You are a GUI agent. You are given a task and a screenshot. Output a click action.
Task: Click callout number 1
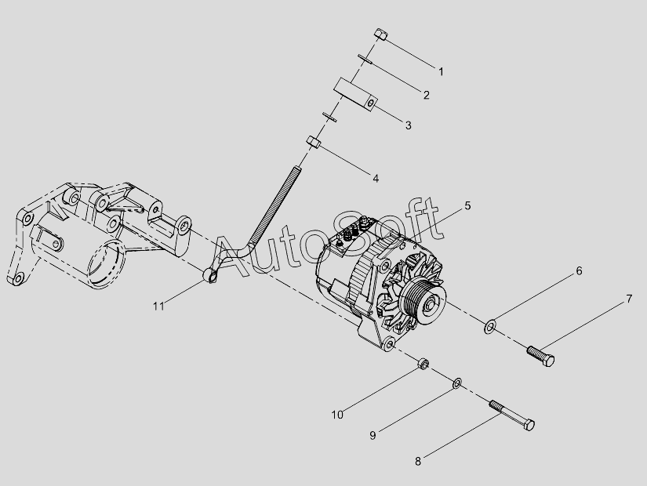(x=441, y=72)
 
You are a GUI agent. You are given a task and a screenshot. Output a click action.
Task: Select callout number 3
(x=408, y=125)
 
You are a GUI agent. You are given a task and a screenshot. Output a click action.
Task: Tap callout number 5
(x=467, y=205)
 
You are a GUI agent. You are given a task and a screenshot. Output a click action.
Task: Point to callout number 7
(x=629, y=299)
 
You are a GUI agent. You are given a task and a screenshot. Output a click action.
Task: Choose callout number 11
(x=158, y=306)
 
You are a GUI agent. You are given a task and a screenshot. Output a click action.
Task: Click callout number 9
(x=373, y=435)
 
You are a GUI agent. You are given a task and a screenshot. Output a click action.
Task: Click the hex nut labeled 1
(x=381, y=34)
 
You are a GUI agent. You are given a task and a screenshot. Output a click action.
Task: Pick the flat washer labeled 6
(x=489, y=326)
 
